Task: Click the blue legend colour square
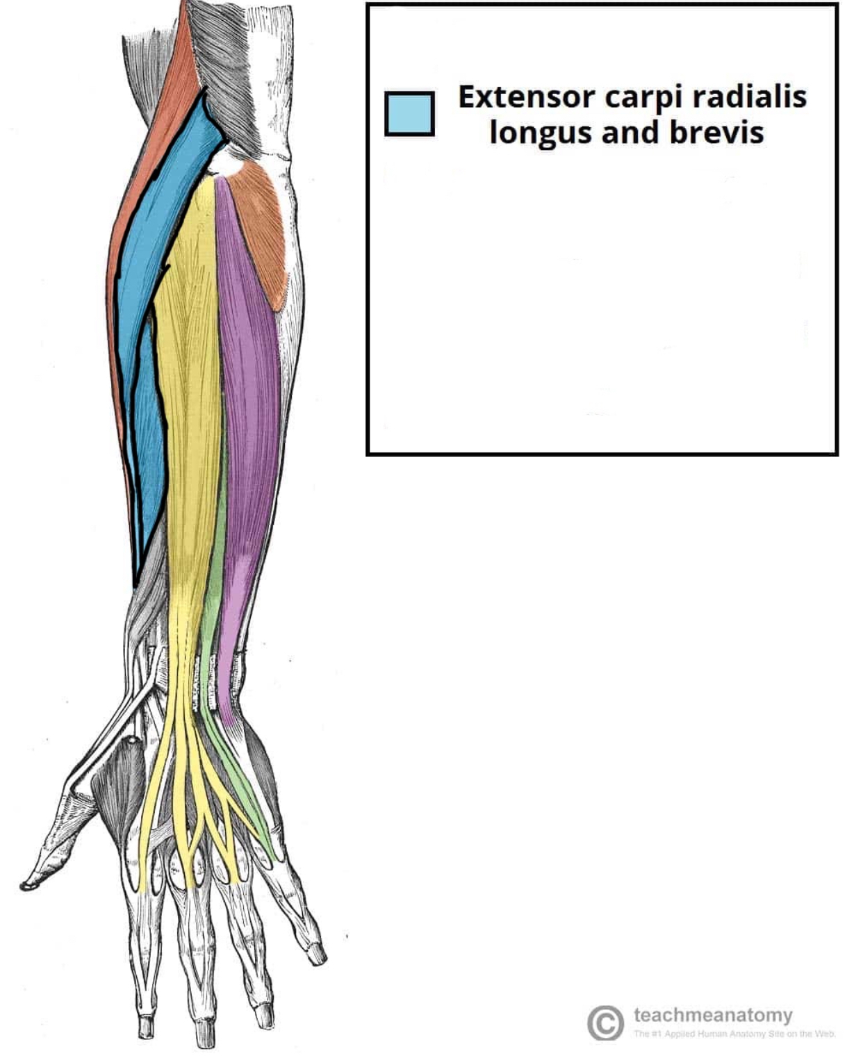point(409,114)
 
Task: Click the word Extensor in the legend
point(525,97)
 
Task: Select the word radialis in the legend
point(748,97)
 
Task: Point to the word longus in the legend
point(539,133)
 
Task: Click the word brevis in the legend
point(716,131)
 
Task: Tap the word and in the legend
point(629,131)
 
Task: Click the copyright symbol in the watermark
point(605,1022)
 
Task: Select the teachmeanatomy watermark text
point(713,1015)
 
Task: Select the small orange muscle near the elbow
point(261,222)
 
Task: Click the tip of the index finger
point(145,1028)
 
